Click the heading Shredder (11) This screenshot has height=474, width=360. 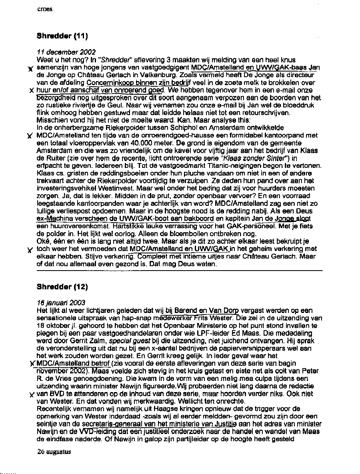(x=62, y=36)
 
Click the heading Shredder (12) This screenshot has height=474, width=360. (x=62, y=287)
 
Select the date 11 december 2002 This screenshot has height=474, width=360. (x=66, y=52)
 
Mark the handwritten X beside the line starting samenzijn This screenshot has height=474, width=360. (x=30, y=69)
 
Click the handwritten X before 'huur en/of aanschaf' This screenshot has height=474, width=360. (x=31, y=90)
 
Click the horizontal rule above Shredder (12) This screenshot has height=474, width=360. (x=179, y=271)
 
